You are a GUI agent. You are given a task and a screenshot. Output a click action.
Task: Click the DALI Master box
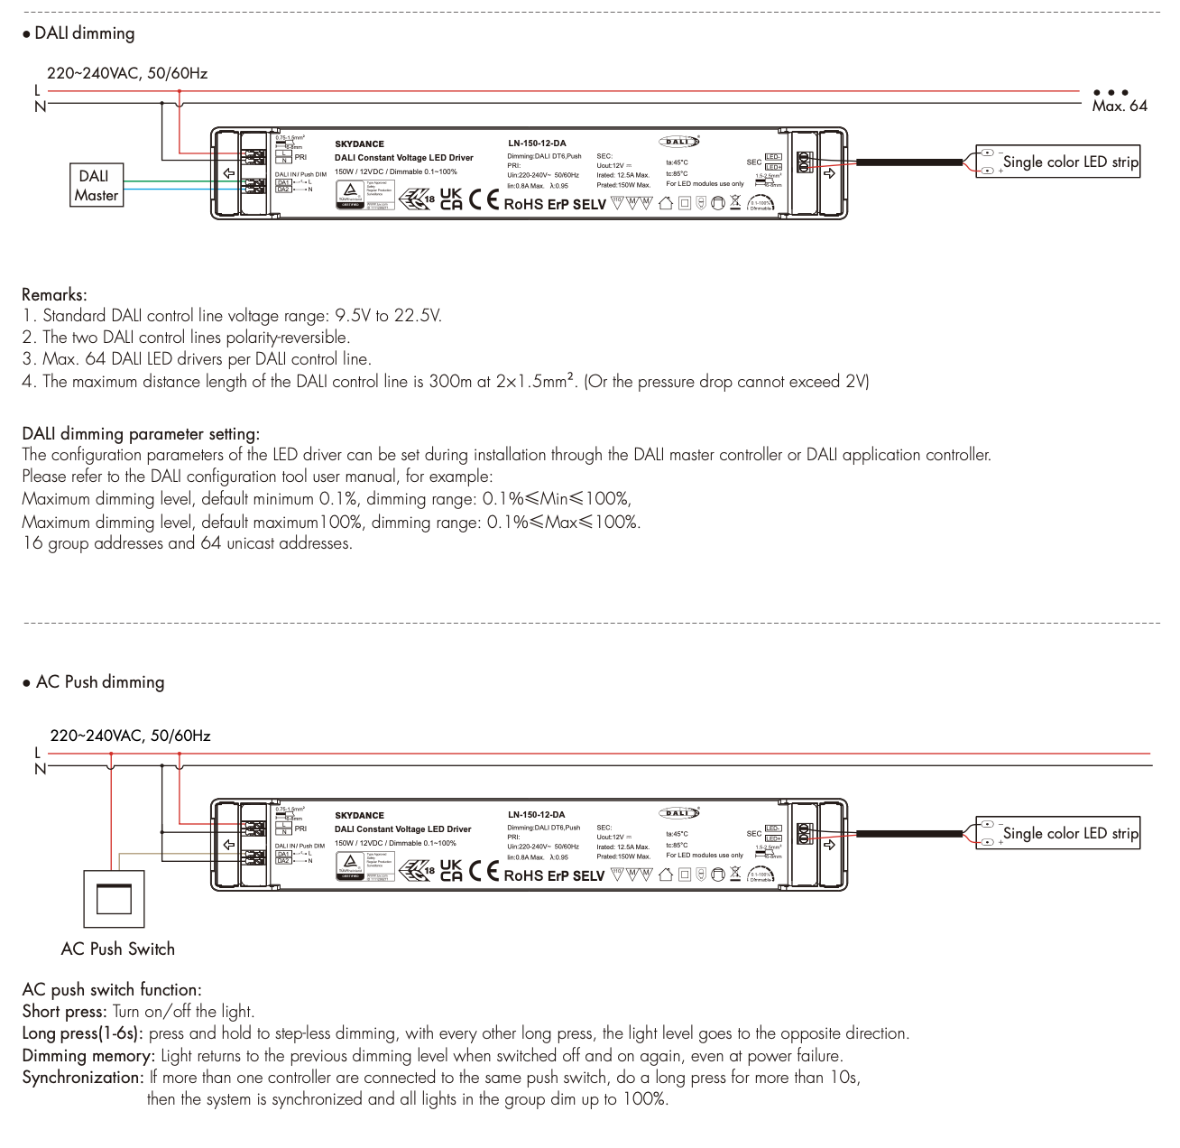(97, 186)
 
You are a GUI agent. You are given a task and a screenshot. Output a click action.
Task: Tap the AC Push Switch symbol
(114, 898)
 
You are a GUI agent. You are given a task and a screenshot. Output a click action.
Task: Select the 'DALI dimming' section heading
(84, 33)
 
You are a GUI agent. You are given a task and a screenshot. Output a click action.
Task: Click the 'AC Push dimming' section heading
(99, 682)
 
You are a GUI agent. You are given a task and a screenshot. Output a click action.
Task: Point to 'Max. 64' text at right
(1120, 106)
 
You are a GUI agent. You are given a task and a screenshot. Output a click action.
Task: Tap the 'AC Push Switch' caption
(117, 949)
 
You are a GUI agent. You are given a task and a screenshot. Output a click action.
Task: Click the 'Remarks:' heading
(54, 294)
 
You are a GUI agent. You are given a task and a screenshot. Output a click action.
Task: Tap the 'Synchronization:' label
(83, 1078)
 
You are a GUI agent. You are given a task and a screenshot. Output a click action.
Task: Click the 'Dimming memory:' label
(88, 1056)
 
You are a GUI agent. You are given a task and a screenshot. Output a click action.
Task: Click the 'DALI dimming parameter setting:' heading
(141, 434)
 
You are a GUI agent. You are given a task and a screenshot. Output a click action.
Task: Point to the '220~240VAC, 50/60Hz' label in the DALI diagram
(127, 73)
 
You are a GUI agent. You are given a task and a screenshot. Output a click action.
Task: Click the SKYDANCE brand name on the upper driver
(359, 144)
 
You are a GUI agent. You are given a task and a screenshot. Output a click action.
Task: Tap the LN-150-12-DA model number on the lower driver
(537, 815)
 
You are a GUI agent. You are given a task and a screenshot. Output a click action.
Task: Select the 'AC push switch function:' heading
(111, 990)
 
